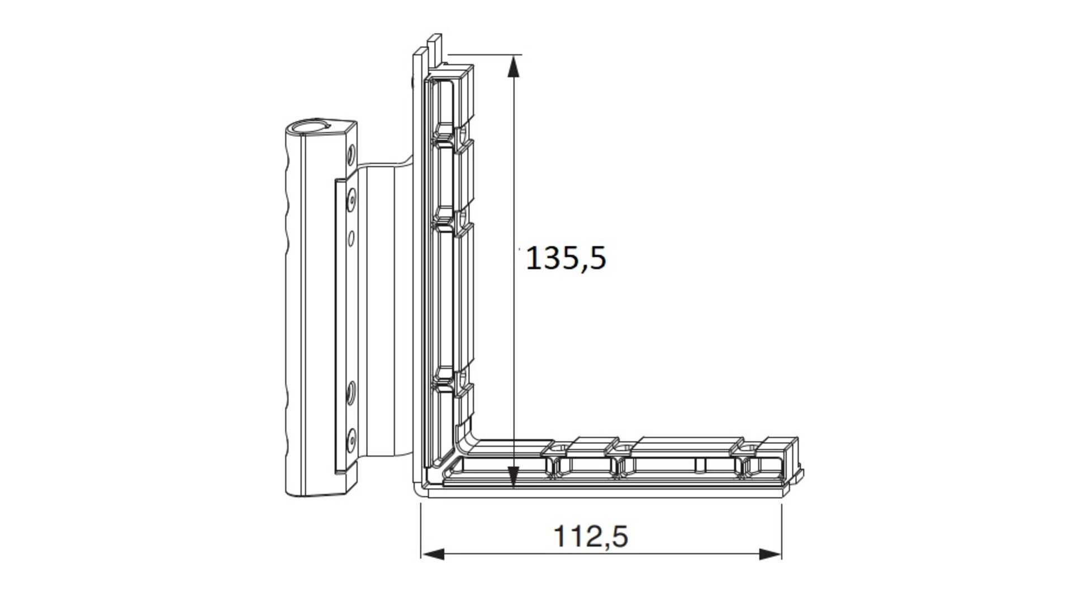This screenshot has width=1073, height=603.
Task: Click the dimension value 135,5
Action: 566,259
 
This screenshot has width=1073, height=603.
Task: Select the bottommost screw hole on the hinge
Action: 352,439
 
